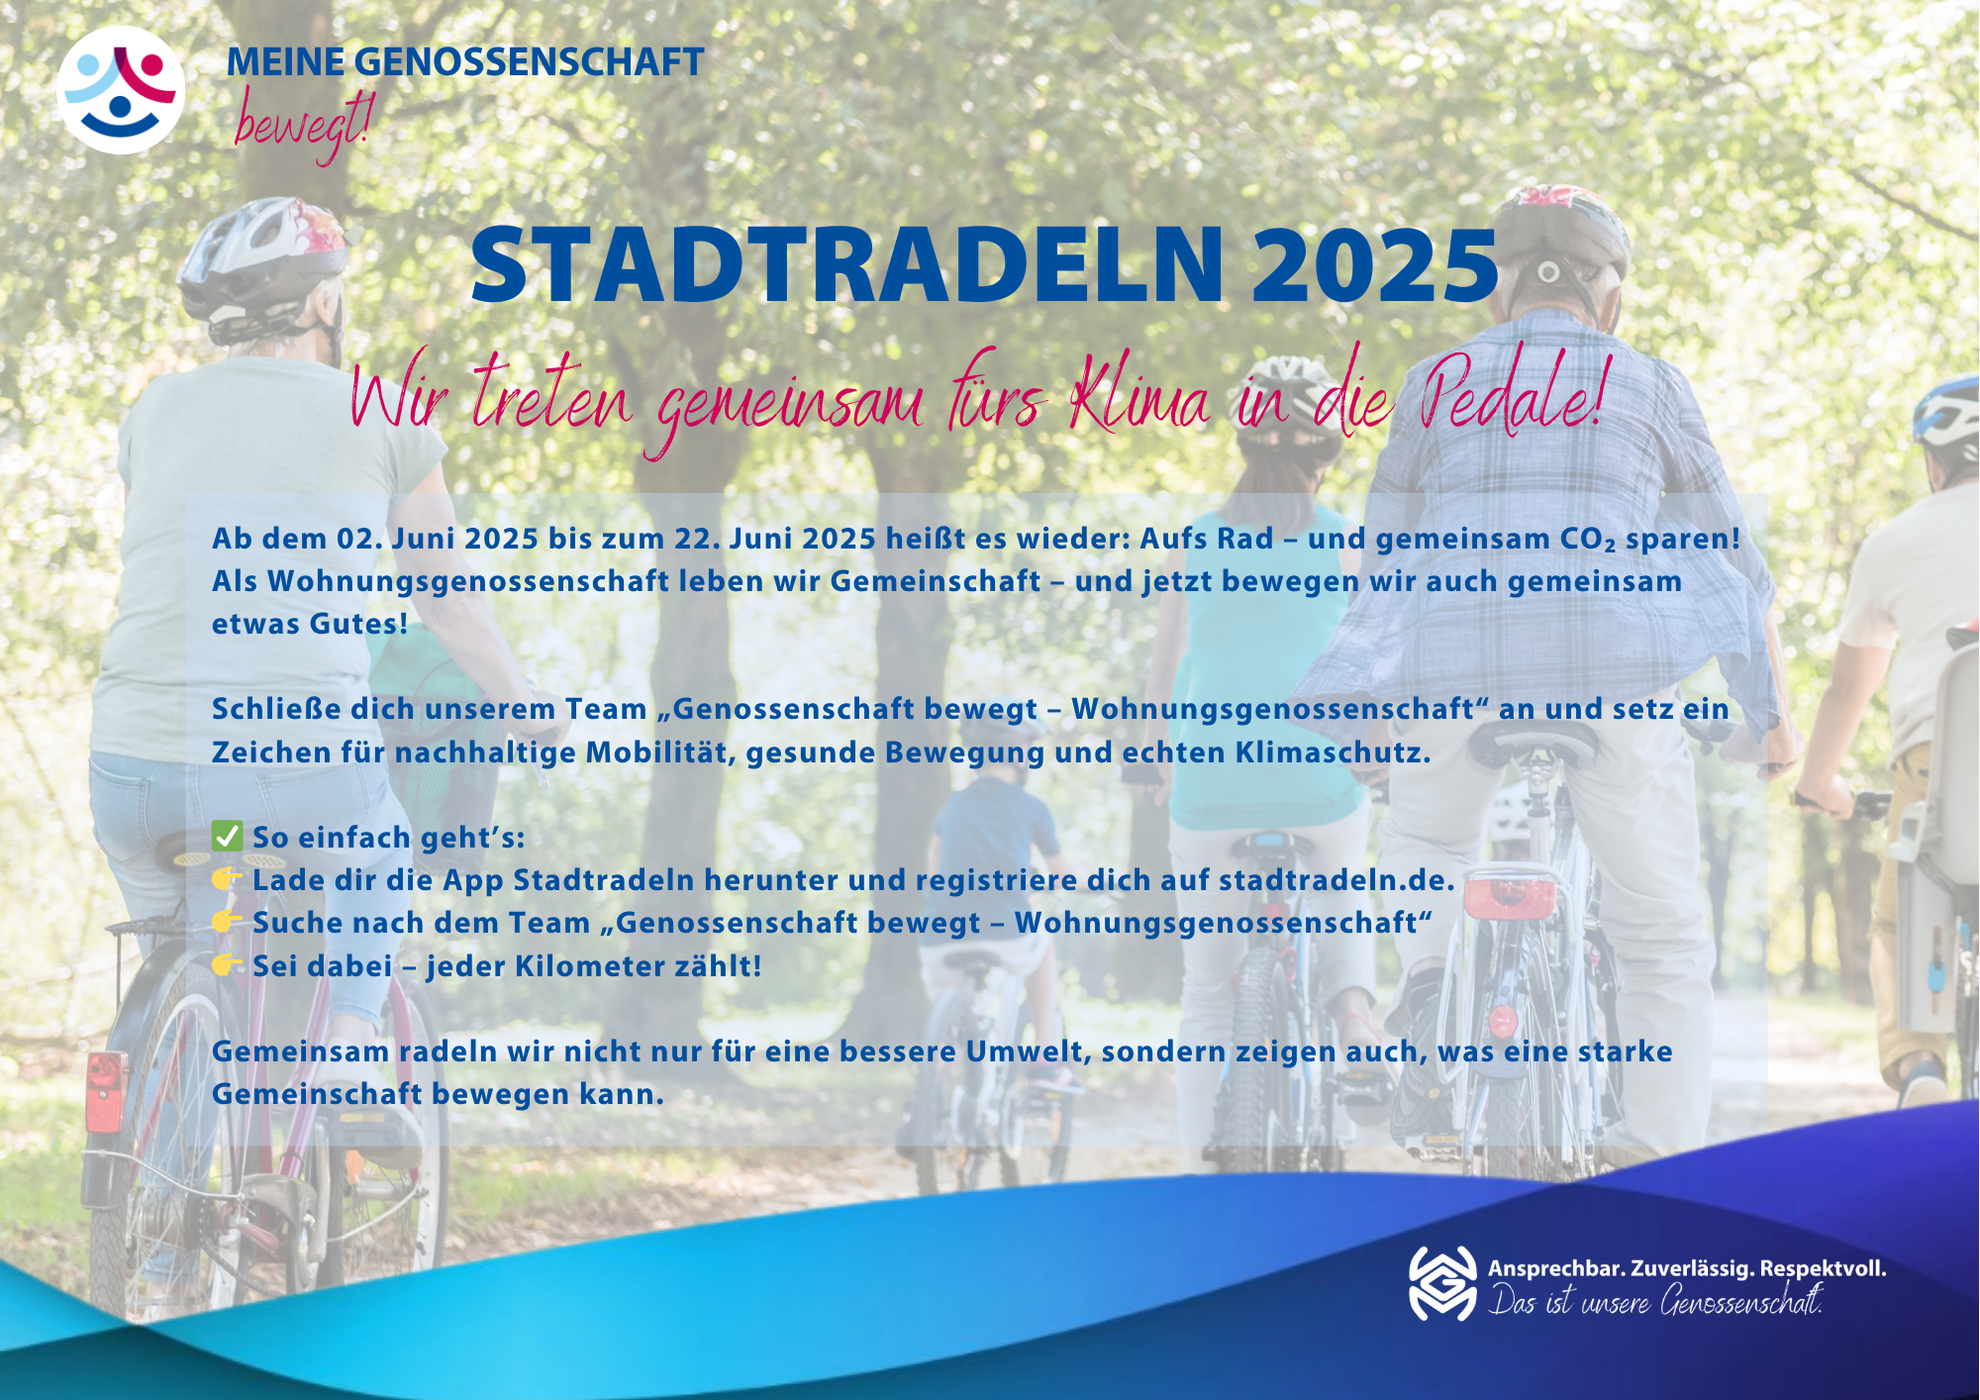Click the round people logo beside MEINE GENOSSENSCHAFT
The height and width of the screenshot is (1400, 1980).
(121, 90)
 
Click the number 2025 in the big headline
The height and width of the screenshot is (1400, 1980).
(1375, 265)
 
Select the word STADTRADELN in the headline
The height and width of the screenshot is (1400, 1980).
(847, 265)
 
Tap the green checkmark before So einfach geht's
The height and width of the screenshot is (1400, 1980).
(227, 837)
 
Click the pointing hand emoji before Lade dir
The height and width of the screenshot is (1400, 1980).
(227, 878)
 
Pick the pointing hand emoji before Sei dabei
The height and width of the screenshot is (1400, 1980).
(227, 964)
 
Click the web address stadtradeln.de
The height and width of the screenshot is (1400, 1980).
(1336, 880)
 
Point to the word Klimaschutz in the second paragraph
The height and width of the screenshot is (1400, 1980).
(1333, 752)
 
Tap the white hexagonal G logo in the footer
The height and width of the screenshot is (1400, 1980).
(1442, 1283)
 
